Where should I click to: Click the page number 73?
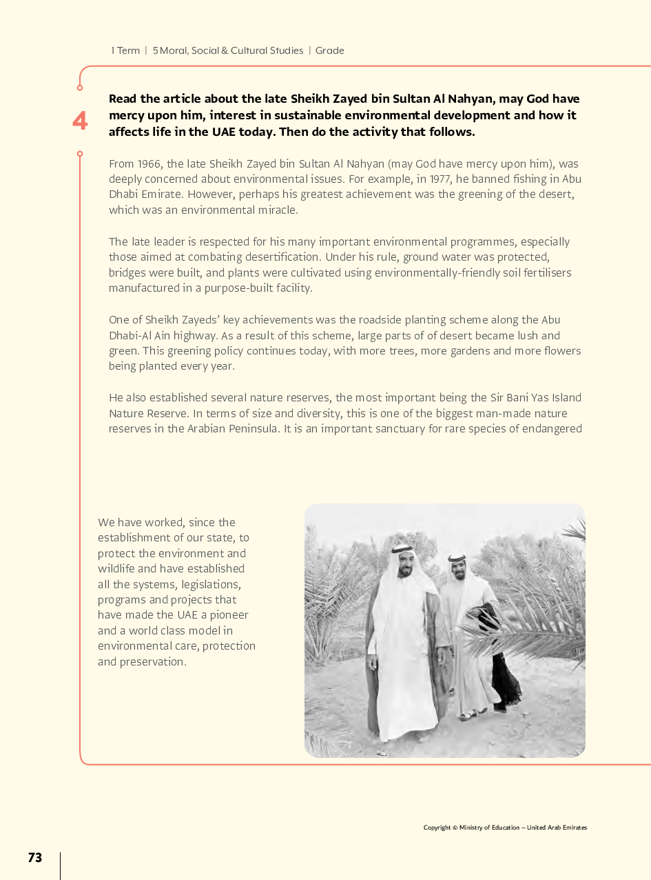[x=35, y=857]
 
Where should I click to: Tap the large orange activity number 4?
[x=80, y=121]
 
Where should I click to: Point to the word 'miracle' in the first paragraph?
[x=277, y=210]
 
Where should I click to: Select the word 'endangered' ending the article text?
[x=552, y=428]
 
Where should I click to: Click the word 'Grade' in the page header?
[x=329, y=50]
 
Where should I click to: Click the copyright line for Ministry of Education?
[x=505, y=828]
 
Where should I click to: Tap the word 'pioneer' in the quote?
[x=229, y=614]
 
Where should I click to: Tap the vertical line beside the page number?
[x=61, y=865]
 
